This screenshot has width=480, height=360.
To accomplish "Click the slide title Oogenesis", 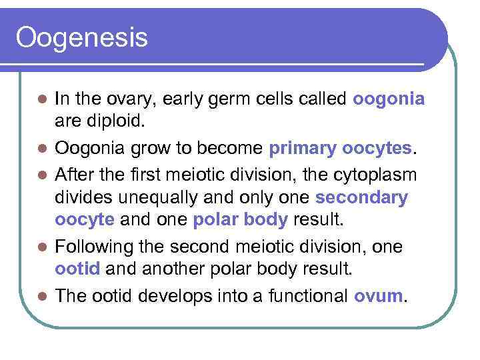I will pos(81,38).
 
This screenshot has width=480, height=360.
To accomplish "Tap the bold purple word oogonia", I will pos(389,99).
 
